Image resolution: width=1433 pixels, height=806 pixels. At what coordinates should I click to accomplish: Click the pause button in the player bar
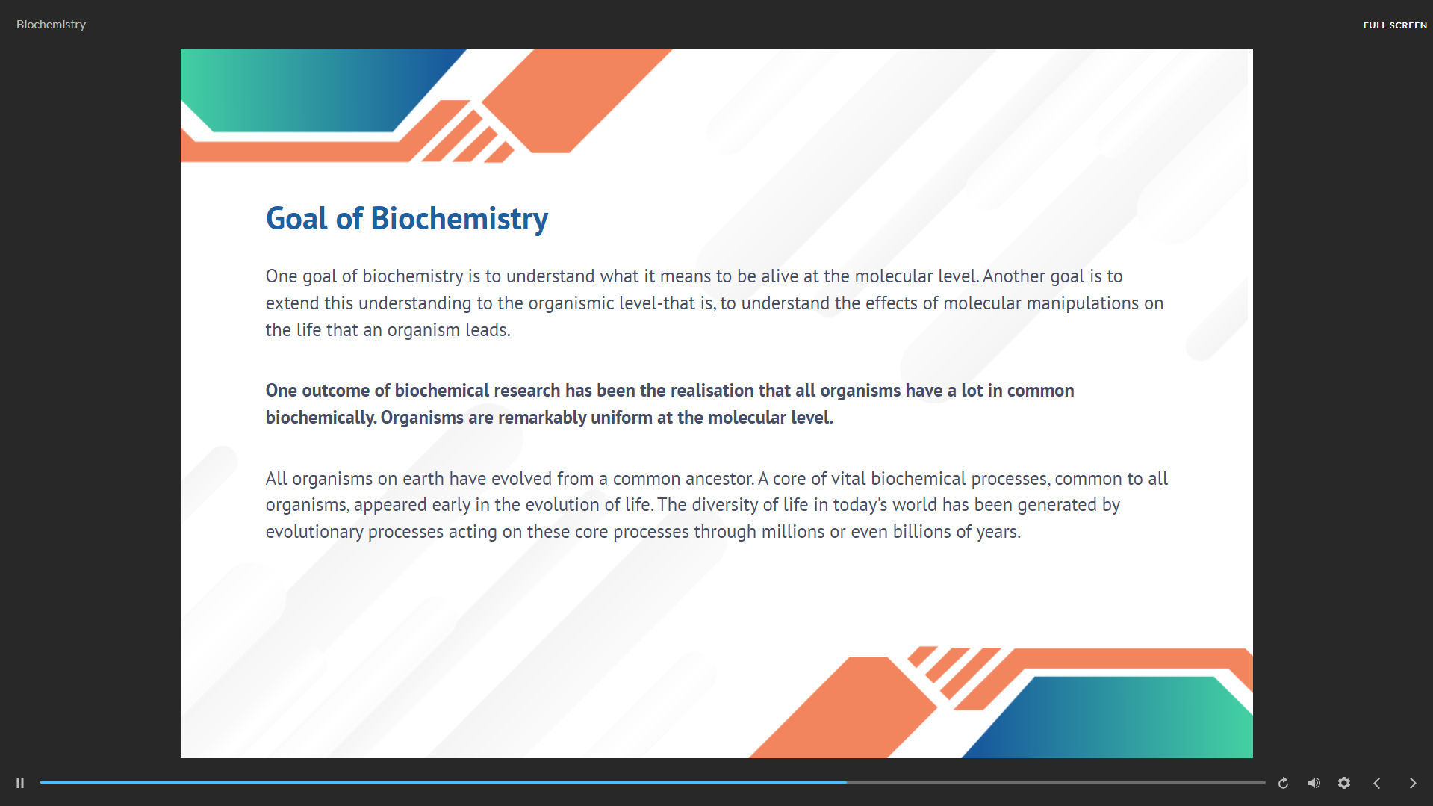(x=20, y=783)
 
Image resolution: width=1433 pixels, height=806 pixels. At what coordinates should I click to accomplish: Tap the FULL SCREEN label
(x=1394, y=25)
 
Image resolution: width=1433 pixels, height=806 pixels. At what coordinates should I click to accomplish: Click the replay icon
(x=1283, y=783)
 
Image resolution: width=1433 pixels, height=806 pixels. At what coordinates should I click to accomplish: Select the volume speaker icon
(x=1314, y=783)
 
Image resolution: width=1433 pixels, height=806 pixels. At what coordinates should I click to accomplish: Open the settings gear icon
(x=1344, y=783)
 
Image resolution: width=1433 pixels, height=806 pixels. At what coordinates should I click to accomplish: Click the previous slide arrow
(x=1377, y=783)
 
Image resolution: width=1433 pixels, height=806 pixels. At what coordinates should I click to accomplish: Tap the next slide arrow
(x=1413, y=783)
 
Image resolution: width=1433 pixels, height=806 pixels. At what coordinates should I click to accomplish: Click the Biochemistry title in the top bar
(x=51, y=25)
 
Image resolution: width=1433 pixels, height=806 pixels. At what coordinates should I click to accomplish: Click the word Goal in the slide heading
(x=296, y=219)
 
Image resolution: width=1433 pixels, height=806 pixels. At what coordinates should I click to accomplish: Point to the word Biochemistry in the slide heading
(x=459, y=219)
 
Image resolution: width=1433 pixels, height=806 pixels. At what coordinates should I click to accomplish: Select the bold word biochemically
(x=321, y=418)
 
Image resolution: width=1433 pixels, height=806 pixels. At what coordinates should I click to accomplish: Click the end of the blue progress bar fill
(x=846, y=782)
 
